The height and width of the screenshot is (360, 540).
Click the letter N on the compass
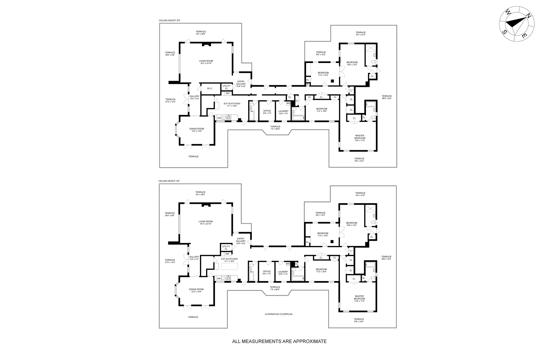pos(528,16)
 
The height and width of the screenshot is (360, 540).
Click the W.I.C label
pos(210,89)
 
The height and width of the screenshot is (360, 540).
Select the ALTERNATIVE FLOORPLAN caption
pos(278,314)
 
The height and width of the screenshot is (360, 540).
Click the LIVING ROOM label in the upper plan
pos(206,61)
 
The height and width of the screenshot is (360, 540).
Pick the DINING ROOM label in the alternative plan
pos(196,289)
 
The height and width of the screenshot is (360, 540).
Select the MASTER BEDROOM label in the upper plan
pos(360,137)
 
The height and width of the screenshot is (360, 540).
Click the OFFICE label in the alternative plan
pos(267,271)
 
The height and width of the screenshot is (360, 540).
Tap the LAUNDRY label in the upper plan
pos(283,111)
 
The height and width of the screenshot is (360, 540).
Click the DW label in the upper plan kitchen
pos(219,118)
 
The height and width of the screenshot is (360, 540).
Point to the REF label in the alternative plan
pos(227,254)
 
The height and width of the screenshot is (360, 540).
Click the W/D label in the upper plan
pos(288,103)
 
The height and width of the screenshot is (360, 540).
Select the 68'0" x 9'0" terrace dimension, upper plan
pos(387,98)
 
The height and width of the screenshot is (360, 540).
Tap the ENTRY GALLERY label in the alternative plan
pos(241,240)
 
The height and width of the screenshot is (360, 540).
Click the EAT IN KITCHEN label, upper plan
pos(232,103)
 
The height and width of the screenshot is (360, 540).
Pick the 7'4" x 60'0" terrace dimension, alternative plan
pos(275,289)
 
